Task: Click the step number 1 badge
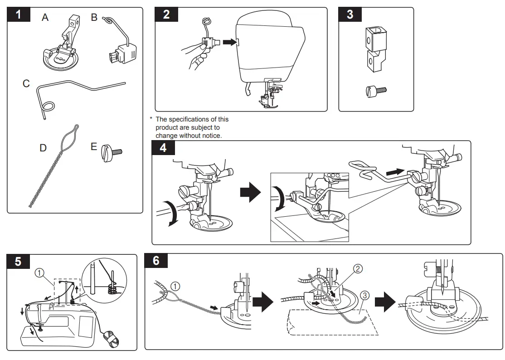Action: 19,15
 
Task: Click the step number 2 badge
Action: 166,15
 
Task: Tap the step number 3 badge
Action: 350,15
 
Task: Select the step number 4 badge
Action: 163,148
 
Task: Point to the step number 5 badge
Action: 18,262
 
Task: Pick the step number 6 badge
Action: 156,261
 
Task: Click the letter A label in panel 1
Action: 45,18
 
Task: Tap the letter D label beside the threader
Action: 43,148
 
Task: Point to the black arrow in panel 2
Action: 230,42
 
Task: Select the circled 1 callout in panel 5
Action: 40,273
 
